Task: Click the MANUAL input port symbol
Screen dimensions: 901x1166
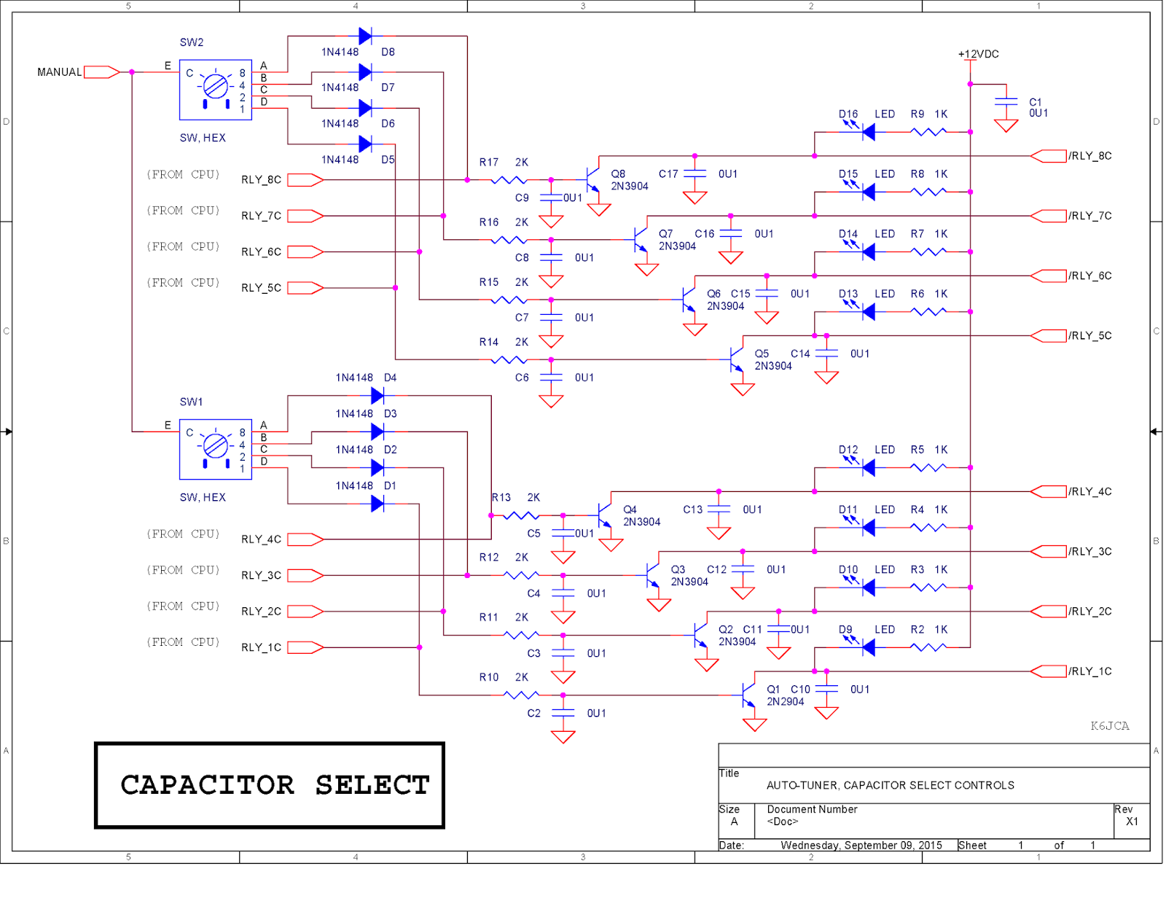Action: (101, 72)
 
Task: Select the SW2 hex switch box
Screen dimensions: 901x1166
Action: (215, 90)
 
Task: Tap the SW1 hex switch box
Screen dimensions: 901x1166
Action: (215, 449)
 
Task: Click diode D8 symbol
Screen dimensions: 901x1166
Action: (366, 36)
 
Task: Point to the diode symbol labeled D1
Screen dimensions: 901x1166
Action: (377, 504)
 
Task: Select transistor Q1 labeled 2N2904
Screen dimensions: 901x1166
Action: (748, 695)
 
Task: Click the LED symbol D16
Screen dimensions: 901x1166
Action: (867, 132)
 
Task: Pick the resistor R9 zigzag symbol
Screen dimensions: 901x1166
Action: (928, 132)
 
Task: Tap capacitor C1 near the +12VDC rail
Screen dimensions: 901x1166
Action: (1006, 102)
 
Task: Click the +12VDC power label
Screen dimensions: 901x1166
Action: (978, 55)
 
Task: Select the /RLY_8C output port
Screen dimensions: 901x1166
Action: (1049, 156)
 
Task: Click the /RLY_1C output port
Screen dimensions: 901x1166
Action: (1049, 671)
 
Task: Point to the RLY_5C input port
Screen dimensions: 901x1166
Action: (305, 288)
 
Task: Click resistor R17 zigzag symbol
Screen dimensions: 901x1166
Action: (509, 179)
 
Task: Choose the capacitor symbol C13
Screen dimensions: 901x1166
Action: (719, 510)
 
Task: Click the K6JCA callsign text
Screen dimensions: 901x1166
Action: (1109, 726)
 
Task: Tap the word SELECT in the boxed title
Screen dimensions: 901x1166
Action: (372, 785)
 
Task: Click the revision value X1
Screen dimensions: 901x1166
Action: (1132, 822)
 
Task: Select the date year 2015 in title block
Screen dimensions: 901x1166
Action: (930, 846)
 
